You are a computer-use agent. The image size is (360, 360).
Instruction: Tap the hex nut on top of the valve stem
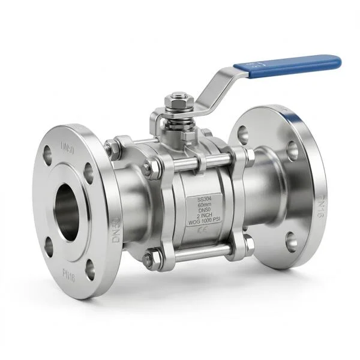pyautogui.click(x=178, y=98)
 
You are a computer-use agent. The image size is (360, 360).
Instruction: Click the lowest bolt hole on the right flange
pyautogui.click(x=292, y=242)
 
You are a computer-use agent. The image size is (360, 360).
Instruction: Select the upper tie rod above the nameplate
pyautogui.click(x=198, y=161)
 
